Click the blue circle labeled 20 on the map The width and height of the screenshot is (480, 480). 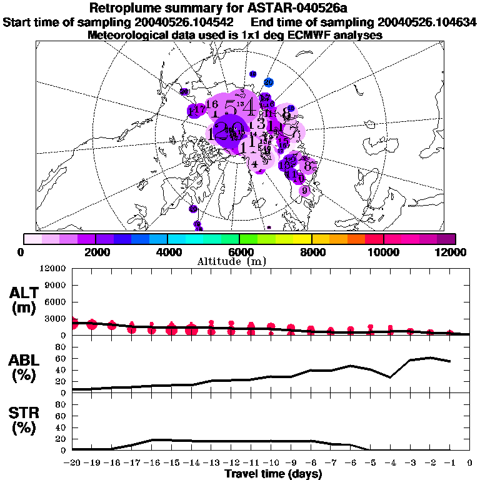pos(268,82)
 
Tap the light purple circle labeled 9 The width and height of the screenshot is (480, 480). pos(305,191)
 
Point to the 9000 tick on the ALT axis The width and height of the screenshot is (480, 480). pos(57,285)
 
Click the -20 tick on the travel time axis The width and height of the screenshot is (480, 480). pos(72,462)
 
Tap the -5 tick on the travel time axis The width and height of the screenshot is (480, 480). pos(371,462)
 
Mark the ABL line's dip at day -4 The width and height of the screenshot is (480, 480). pos(391,377)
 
